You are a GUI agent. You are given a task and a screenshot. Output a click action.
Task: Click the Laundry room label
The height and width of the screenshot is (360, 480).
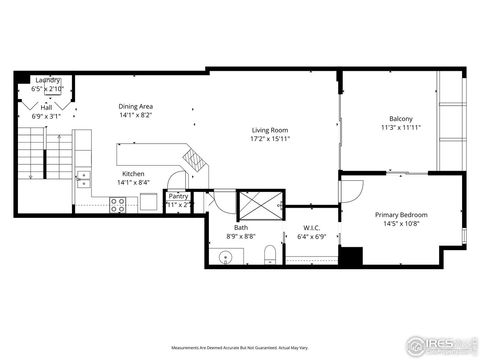[48, 80]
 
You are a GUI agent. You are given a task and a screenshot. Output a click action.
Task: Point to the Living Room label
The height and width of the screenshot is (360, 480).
[270, 129]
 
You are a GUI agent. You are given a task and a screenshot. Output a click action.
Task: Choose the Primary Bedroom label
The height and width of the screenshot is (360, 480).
[401, 215]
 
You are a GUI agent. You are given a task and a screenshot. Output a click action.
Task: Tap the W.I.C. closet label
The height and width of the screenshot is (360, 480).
[311, 228]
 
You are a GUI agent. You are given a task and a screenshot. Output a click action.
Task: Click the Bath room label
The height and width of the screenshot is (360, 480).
[241, 228]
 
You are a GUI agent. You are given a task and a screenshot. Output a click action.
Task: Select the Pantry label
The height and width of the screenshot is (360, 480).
[178, 196]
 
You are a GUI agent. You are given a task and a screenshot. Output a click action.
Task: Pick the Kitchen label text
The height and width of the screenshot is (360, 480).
[133, 173]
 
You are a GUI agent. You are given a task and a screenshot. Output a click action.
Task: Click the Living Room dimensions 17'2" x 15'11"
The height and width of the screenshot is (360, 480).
[270, 139]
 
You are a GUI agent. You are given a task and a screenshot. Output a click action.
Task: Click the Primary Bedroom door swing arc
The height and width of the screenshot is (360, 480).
[350, 187]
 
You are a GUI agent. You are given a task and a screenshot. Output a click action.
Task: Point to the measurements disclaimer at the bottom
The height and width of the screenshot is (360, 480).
[239, 347]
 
